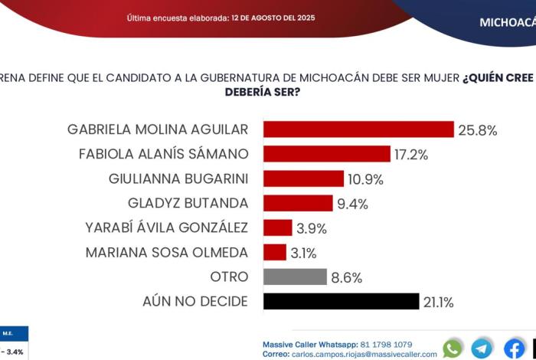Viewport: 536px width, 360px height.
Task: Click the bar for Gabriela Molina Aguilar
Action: (x=358, y=129)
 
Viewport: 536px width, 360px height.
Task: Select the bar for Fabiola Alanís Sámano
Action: (x=327, y=154)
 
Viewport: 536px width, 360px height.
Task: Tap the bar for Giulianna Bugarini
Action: (x=303, y=178)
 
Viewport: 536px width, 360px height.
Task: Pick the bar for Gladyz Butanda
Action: (x=298, y=203)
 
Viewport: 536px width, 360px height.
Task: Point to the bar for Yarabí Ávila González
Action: (x=277, y=227)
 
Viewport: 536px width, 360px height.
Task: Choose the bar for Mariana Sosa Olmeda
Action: (x=274, y=252)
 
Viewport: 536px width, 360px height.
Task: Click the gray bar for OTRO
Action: (x=295, y=277)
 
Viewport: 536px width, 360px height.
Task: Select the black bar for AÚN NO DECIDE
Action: (x=341, y=301)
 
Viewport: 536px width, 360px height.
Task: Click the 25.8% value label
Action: (x=478, y=129)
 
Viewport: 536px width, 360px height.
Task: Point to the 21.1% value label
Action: (x=439, y=302)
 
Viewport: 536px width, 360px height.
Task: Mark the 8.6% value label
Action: (x=347, y=277)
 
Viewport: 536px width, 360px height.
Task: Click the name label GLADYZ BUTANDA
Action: (x=188, y=203)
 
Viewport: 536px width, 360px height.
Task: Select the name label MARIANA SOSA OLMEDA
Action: (x=167, y=252)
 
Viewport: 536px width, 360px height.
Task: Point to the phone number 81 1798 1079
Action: (x=387, y=344)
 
